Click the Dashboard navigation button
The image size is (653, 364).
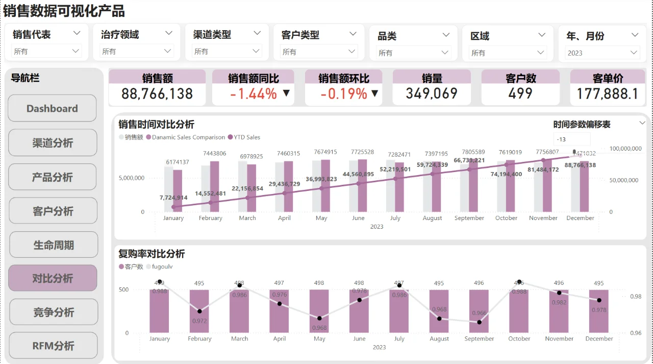click(52, 108)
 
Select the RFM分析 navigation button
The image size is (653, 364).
click(53, 346)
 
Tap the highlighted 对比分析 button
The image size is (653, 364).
click(53, 278)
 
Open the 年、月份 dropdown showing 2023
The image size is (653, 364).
click(602, 53)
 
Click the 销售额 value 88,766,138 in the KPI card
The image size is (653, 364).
click(157, 94)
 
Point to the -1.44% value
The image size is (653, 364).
click(254, 94)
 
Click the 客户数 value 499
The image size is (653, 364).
click(520, 94)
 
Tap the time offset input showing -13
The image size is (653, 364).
click(571, 139)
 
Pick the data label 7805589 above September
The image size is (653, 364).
click(469, 152)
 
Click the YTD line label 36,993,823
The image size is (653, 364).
click(321, 179)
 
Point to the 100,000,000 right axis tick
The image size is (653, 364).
click(624, 149)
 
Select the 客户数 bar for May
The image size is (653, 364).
click(319, 311)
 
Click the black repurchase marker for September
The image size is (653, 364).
click(480, 322)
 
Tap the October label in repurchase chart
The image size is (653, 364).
click(519, 338)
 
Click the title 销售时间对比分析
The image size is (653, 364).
click(156, 125)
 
